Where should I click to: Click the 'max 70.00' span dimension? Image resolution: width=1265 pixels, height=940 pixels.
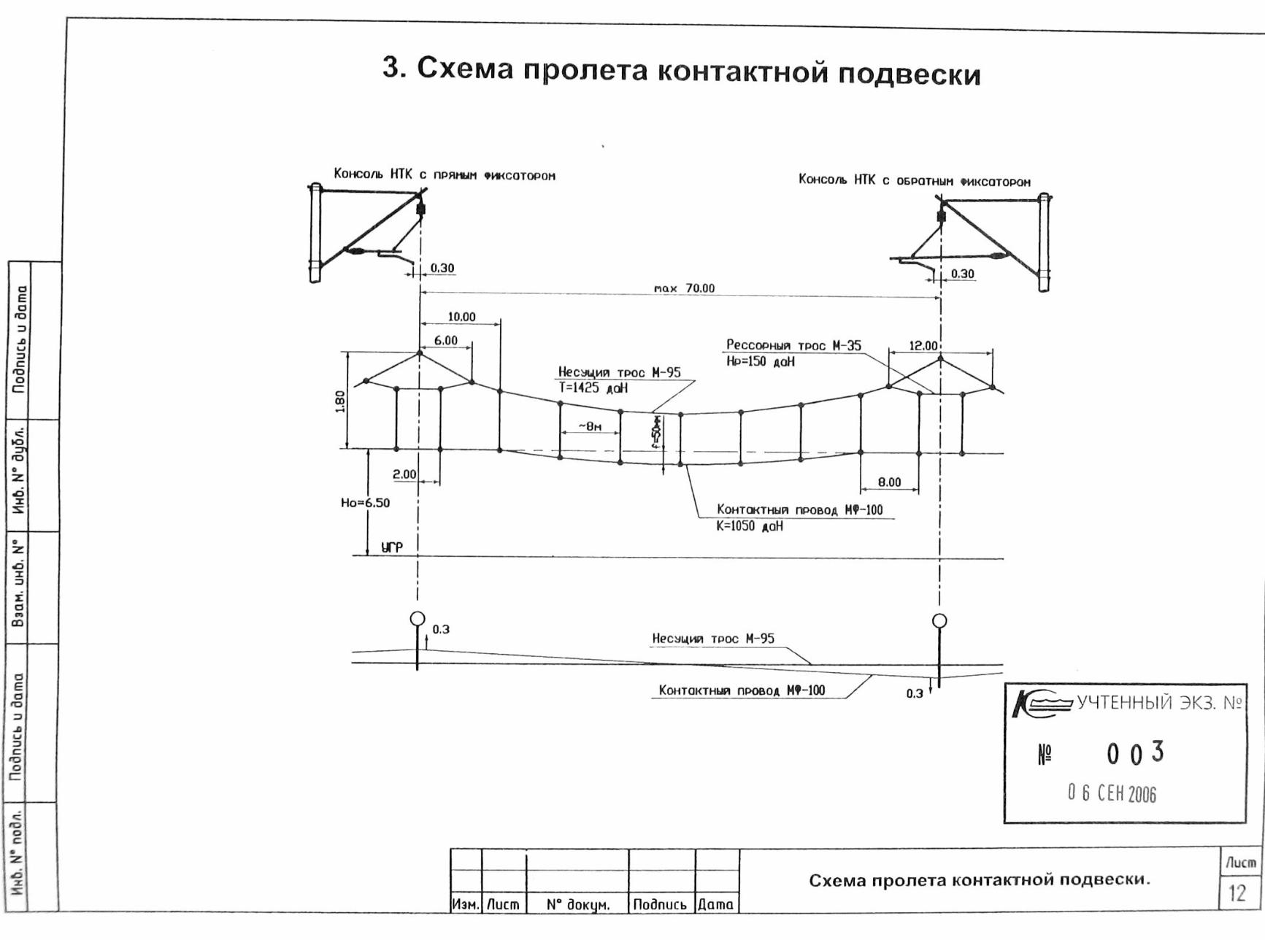pos(684,288)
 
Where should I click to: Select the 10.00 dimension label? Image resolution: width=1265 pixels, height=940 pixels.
pos(461,317)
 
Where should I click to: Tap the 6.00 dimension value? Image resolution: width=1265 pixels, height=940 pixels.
pos(445,340)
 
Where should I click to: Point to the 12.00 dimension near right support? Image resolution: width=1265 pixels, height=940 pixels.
pos(923,345)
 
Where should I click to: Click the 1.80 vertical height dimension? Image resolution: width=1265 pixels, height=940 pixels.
pos(340,401)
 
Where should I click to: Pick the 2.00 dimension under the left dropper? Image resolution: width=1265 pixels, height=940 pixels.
pos(404,474)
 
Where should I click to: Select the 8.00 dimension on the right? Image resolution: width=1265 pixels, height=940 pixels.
pos(889,482)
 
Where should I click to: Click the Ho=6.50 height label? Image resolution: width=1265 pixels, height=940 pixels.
pos(365,503)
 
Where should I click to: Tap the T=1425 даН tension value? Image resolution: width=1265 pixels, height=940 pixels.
pos(593,388)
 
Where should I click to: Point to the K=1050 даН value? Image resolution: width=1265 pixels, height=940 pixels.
pos(750,526)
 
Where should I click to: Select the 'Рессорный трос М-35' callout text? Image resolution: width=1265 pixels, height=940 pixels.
pos(793,345)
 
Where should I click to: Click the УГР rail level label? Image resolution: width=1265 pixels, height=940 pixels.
pos(391,547)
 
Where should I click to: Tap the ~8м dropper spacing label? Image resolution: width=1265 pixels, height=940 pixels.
pos(590,426)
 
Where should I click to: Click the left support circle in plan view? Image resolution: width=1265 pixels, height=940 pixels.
pos(417,619)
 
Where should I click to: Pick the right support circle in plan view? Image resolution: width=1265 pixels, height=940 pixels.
pos(939,621)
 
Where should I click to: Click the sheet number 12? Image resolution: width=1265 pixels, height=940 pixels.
pos(1237,893)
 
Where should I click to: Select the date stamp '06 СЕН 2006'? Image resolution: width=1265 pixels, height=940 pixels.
pos(1112,793)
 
